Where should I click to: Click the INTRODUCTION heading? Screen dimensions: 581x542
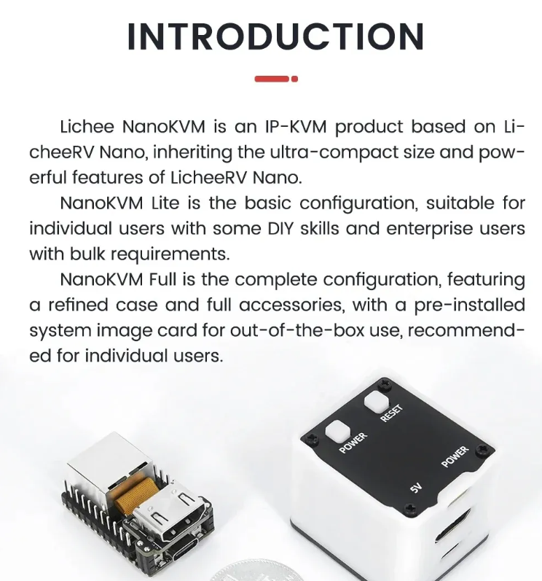click(x=275, y=36)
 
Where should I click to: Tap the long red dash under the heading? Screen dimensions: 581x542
click(x=272, y=79)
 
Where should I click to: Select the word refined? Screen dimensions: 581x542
click(x=74, y=305)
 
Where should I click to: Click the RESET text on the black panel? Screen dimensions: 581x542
click(x=390, y=413)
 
